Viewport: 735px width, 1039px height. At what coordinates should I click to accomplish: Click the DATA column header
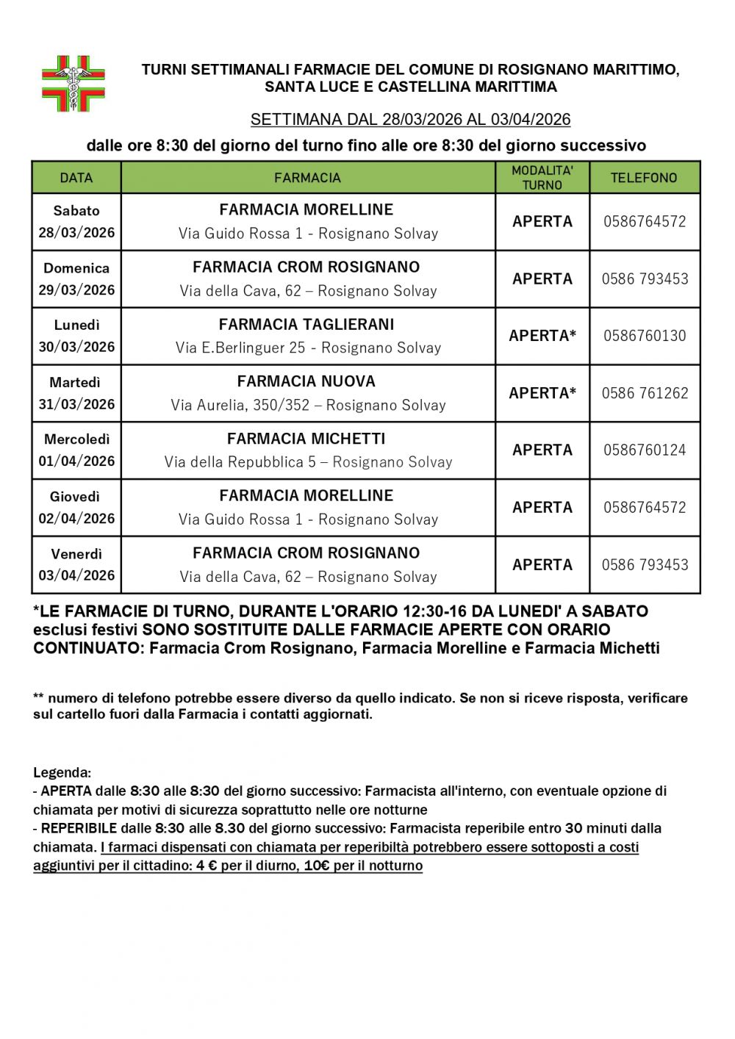pyautogui.click(x=76, y=178)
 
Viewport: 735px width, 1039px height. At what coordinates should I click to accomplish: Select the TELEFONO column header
pyautogui.click(x=644, y=178)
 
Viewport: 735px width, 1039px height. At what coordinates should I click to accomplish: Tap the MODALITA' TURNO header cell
pyautogui.click(x=542, y=178)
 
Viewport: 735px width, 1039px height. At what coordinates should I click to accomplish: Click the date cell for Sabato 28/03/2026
pyautogui.click(x=76, y=221)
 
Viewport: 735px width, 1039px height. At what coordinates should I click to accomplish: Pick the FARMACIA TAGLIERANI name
pyautogui.click(x=306, y=324)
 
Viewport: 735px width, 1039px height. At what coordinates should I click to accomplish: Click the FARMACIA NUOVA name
pyautogui.click(x=306, y=381)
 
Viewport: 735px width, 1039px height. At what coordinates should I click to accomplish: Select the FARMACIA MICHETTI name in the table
pyautogui.click(x=306, y=439)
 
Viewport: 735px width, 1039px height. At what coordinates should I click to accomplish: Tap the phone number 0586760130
pyautogui.click(x=645, y=336)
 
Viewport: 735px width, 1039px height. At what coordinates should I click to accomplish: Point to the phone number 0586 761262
pyautogui.click(x=645, y=393)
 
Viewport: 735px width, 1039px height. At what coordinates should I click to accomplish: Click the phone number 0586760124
pyautogui.click(x=645, y=450)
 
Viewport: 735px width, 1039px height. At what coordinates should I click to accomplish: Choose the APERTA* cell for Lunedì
pyautogui.click(x=542, y=336)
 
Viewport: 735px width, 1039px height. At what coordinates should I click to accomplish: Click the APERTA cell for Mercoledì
pyautogui.click(x=542, y=450)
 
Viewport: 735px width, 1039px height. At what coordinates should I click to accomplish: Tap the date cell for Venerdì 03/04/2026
pyautogui.click(x=76, y=564)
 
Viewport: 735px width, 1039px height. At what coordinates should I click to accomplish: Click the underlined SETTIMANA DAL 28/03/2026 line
pyautogui.click(x=410, y=120)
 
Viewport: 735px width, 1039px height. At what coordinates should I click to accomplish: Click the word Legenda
pyautogui.click(x=62, y=773)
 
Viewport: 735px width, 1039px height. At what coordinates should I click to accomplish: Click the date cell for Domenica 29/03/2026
pyautogui.click(x=76, y=278)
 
